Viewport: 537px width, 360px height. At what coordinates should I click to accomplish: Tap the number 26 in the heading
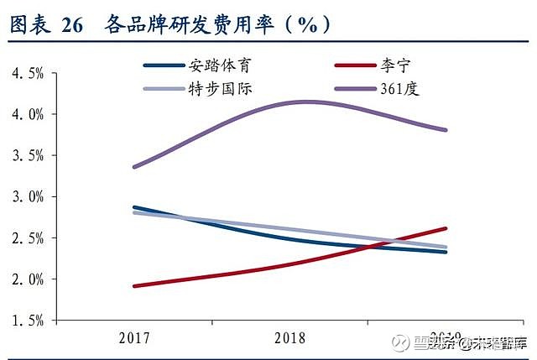[x=73, y=25]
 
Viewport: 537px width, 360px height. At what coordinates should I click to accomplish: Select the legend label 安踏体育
[x=220, y=65]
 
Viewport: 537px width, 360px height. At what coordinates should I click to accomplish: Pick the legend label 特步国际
[x=220, y=88]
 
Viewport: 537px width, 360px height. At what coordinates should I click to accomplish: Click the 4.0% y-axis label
[x=28, y=114]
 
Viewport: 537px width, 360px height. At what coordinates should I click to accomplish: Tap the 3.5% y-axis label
[x=28, y=155]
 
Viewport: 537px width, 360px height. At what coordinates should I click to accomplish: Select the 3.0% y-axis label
[x=28, y=196]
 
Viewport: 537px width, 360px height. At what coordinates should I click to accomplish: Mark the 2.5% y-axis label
[x=28, y=237]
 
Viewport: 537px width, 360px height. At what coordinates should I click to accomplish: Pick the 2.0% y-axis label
[x=28, y=279]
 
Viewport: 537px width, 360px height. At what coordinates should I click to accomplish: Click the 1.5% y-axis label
[x=28, y=320]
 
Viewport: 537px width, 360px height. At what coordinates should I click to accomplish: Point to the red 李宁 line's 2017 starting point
[x=133, y=286]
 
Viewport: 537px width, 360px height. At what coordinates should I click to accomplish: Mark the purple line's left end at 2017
[x=133, y=167]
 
